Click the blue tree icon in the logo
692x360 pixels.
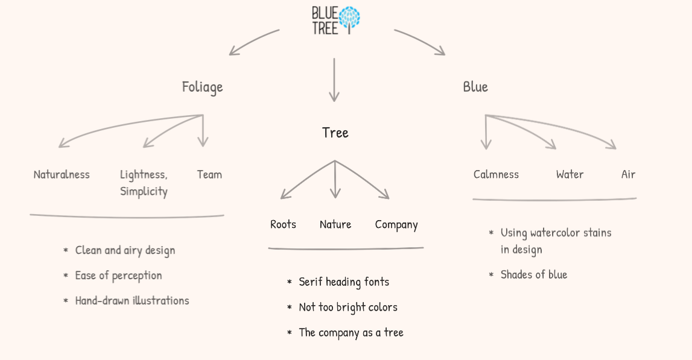(x=350, y=19)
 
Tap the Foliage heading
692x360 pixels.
(x=203, y=87)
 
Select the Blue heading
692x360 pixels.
(x=475, y=87)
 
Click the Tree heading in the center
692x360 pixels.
(x=335, y=133)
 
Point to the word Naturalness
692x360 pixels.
(x=62, y=175)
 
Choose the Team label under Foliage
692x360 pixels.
(x=209, y=175)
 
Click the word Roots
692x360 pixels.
(x=283, y=224)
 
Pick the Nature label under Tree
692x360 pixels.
(x=335, y=224)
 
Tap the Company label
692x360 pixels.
(x=396, y=224)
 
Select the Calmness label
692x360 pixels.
(x=496, y=175)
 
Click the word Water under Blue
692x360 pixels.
(x=570, y=175)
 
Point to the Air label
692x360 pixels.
(x=628, y=175)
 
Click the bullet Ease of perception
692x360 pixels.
(x=118, y=276)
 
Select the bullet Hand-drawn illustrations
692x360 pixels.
(x=132, y=300)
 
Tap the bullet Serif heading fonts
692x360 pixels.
(x=344, y=282)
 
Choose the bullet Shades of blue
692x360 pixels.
(x=534, y=274)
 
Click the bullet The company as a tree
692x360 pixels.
(x=351, y=332)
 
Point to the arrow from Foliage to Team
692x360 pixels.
(x=203, y=131)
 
